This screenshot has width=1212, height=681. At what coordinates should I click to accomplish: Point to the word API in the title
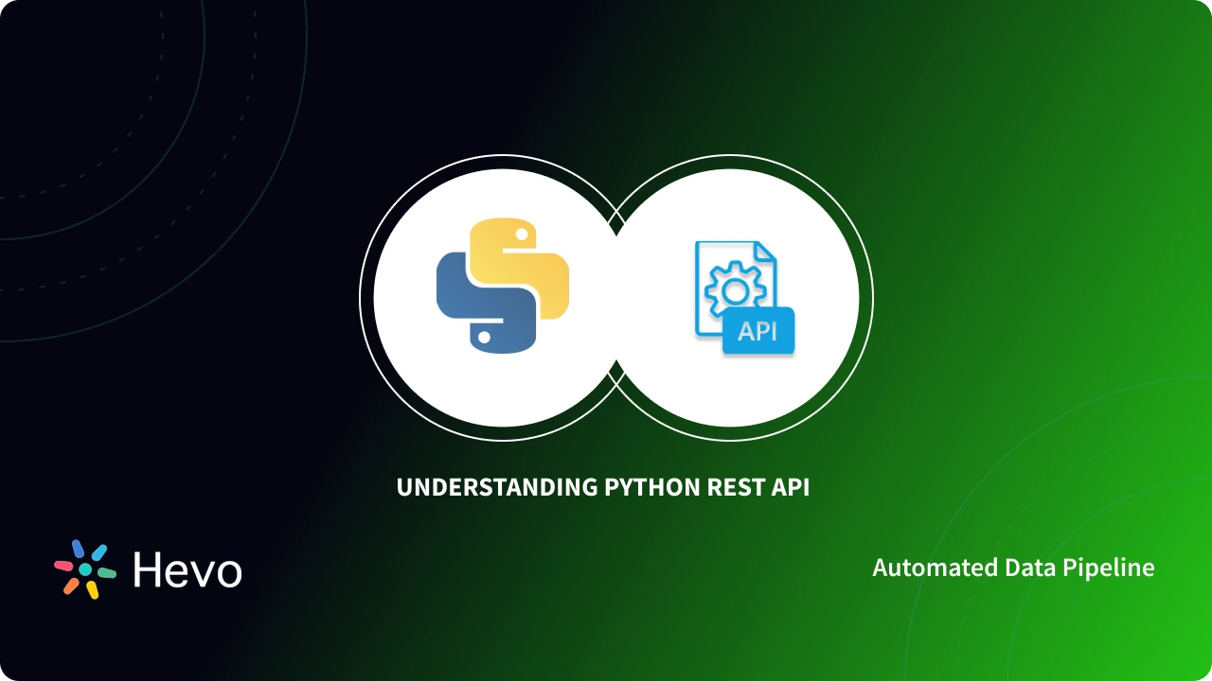coord(791,488)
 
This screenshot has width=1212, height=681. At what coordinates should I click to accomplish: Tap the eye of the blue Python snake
coord(484,336)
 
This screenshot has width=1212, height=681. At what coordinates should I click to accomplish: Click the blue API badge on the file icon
coord(757,331)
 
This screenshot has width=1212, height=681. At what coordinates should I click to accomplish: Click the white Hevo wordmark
coord(187,570)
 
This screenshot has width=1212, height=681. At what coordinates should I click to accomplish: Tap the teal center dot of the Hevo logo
coord(85,569)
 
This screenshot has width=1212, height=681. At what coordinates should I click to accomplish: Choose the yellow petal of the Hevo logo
coord(93,590)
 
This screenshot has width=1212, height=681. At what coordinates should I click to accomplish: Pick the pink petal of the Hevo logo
coord(63,565)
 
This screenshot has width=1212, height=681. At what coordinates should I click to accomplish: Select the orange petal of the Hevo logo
coord(71,586)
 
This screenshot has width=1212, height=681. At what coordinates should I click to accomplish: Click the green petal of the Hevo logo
coord(106,573)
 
